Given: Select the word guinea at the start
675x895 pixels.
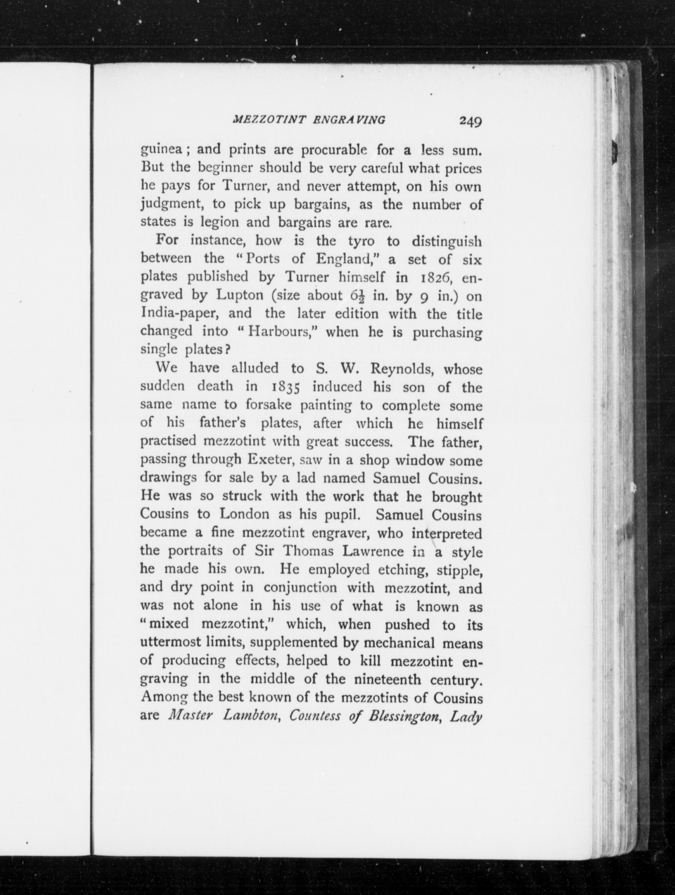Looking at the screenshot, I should pos(160,150).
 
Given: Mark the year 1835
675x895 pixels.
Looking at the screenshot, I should pos(285,387).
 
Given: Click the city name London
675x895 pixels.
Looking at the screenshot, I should pos(244,514).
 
